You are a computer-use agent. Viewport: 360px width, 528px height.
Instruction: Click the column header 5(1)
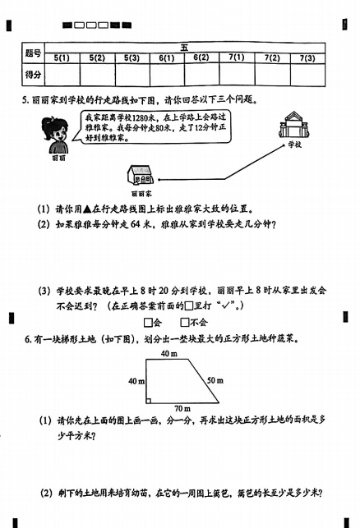62,58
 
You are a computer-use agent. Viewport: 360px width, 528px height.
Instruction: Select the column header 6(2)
201,57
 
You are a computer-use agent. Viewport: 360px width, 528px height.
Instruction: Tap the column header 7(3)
307,58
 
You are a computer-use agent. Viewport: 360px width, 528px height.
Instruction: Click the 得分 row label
33,75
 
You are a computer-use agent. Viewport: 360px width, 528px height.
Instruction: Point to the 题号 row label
33,53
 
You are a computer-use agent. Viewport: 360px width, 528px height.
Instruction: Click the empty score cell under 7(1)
237,75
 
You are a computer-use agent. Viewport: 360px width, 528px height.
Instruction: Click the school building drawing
294,125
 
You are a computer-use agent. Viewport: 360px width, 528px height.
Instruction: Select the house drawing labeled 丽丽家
141,175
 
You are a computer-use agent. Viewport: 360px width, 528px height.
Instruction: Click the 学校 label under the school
294,145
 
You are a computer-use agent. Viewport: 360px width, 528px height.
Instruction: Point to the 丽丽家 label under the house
141,194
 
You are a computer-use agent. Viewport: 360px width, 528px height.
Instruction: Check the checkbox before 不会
185,323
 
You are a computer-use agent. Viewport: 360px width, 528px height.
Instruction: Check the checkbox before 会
148,323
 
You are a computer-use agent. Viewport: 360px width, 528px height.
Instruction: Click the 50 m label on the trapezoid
215,380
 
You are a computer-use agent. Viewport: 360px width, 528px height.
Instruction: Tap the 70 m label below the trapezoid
182,408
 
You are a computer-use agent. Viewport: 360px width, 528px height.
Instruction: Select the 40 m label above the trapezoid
168,354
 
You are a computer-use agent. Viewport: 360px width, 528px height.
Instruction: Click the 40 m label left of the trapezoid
136,381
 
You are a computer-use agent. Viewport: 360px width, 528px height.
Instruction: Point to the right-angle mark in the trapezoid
148,401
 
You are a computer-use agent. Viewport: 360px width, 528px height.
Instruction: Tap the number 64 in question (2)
135,224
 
